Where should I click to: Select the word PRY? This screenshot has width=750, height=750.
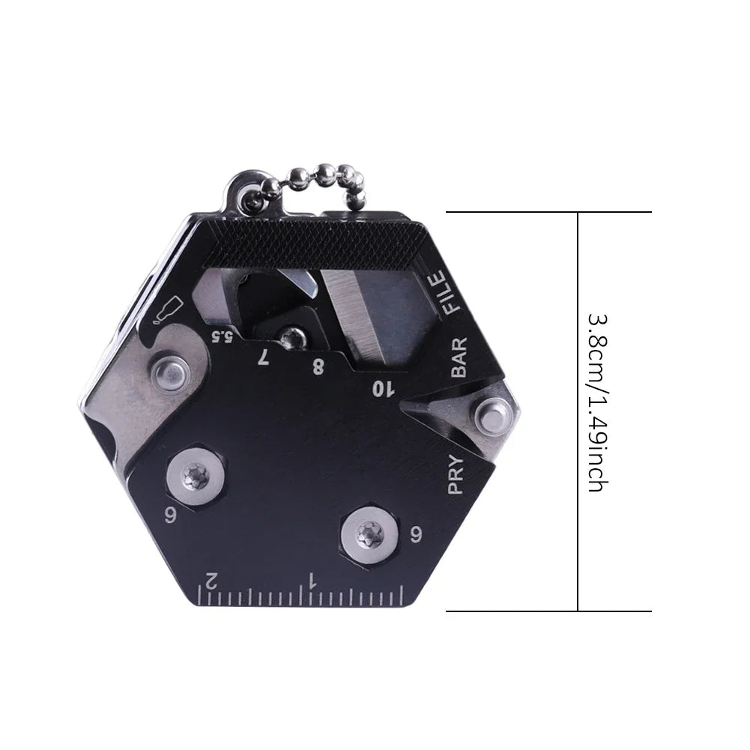[456, 476]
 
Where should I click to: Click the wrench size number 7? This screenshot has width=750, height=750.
[262, 357]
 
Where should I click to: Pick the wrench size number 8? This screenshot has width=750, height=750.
[318, 367]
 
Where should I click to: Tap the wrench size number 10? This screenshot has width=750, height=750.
[384, 387]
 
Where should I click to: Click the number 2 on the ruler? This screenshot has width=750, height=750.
[212, 579]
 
